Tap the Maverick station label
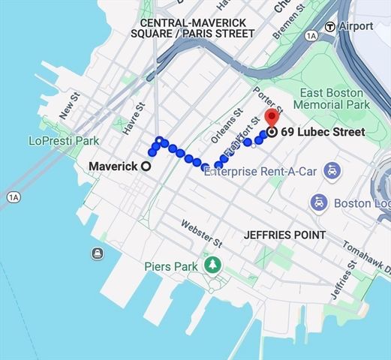113,166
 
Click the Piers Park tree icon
213,265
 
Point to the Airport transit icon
329,26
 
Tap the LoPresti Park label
64,140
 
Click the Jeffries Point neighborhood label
284,235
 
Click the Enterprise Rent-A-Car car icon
330,171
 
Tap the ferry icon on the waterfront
98,253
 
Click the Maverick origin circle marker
146,166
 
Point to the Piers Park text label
172,266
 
